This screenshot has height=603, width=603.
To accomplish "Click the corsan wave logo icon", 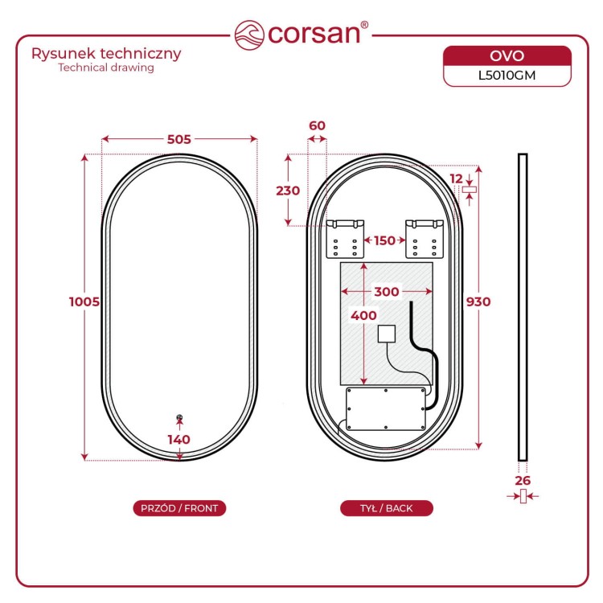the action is [249, 35].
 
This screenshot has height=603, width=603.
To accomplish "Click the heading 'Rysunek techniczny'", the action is [106, 53].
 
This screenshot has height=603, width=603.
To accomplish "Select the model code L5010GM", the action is [507, 76].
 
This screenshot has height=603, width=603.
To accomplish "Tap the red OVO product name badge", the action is [507, 55].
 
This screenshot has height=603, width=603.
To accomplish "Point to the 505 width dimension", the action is [179, 139].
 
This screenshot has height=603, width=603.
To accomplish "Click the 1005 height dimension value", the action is [84, 301].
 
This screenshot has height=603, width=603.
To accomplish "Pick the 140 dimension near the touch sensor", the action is [178, 439].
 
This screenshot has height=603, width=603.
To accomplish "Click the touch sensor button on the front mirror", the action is [179, 417].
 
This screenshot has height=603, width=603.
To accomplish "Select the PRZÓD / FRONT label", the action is [179, 508].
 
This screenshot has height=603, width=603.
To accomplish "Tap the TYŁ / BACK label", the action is [387, 508].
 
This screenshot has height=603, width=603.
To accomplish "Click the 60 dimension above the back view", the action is [318, 125].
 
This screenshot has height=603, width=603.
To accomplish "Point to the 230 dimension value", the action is [288, 191].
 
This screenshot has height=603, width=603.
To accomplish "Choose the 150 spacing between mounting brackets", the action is [384, 240].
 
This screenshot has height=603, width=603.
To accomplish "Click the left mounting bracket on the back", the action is [345, 239].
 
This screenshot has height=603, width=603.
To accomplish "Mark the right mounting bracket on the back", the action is [425, 239].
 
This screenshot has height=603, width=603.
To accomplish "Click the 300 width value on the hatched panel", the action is [387, 292].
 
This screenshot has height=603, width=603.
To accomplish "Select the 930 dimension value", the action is [478, 301].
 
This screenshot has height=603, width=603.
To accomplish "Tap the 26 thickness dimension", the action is [523, 480].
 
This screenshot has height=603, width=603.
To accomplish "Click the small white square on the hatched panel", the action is [387, 334].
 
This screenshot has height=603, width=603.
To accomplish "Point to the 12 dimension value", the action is [457, 178].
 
